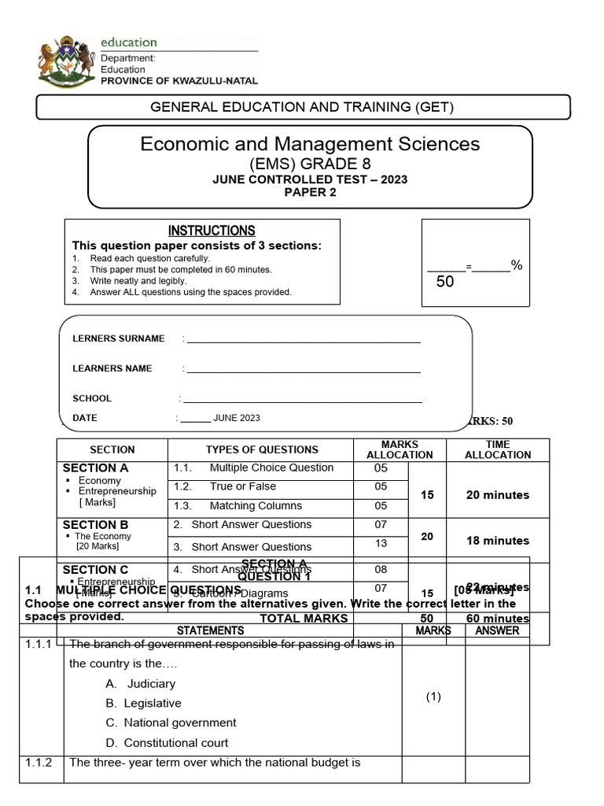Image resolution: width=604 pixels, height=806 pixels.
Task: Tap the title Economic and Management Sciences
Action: [x=310, y=144]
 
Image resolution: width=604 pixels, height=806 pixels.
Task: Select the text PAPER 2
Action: [x=310, y=193]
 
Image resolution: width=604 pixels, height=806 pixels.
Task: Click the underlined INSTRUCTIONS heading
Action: [x=212, y=231]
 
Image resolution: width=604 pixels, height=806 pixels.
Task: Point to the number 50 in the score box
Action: [x=445, y=282]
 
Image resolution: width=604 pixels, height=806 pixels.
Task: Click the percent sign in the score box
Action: [x=517, y=265]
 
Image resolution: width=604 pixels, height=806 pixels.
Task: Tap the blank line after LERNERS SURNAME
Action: [x=303, y=340]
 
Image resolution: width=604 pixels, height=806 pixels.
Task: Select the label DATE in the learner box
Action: [x=85, y=418]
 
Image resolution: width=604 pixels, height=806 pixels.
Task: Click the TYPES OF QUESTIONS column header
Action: [x=262, y=449]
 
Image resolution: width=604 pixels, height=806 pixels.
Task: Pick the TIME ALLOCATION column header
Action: [x=497, y=449]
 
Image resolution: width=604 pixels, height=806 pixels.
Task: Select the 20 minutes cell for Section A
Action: [x=497, y=495]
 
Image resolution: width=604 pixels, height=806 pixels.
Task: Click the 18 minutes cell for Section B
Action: [x=497, y=541]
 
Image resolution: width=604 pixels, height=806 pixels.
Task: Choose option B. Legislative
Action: [x=152, y=703]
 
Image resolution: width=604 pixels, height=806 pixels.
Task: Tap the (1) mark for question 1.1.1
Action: [x=433, y=697]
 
